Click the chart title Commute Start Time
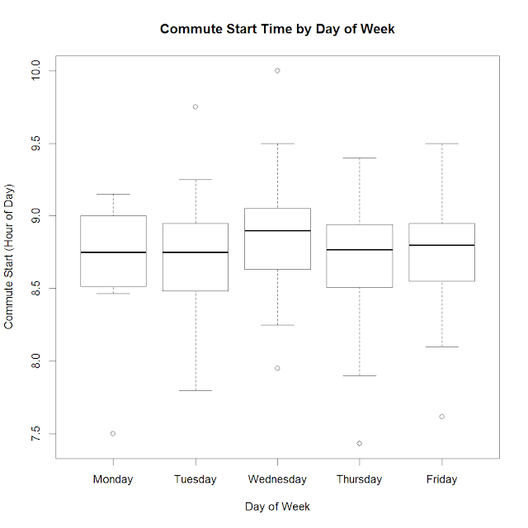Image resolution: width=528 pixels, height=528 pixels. coord(277,29)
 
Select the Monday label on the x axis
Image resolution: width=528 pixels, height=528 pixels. coord(113,478)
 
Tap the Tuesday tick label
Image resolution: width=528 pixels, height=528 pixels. coord(196,478)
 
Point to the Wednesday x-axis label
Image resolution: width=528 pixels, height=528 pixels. coord(277,478)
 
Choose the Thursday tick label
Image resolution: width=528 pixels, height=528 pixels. coord(360,478)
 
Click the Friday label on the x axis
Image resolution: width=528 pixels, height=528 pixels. coord(442,478)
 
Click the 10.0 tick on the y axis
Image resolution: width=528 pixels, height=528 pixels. coord(34,71)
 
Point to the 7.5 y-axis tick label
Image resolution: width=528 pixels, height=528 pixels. coord(34,433)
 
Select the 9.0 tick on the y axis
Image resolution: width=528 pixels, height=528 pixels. coord(34,216)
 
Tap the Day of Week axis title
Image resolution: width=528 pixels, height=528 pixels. coord(277,506)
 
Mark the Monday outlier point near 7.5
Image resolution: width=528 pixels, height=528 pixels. coord(113,433)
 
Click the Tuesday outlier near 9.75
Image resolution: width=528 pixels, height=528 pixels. coord(196,106)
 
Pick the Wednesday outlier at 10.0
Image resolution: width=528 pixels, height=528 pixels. coord(277,71)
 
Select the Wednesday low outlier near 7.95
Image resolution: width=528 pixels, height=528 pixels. coord(277,368)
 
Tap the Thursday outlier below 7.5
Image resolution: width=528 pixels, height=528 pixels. coord(360,443)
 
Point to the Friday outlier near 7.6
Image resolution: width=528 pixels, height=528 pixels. coord(442,417)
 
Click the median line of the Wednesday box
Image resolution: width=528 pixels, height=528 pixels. coord(277,231)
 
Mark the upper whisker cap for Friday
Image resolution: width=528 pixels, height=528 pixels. coord(442,144)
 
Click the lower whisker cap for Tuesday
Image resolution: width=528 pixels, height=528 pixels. coord(196,390)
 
